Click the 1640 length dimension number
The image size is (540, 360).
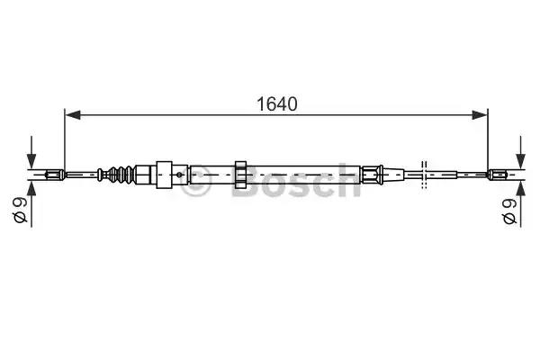[275, 103]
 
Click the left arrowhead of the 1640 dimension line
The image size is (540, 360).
[73, 114]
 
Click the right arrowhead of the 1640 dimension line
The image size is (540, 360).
[479, 114]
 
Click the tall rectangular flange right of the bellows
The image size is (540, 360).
[163, 173]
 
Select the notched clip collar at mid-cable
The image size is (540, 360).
[240, 173]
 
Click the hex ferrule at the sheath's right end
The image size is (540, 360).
[370, 173]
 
